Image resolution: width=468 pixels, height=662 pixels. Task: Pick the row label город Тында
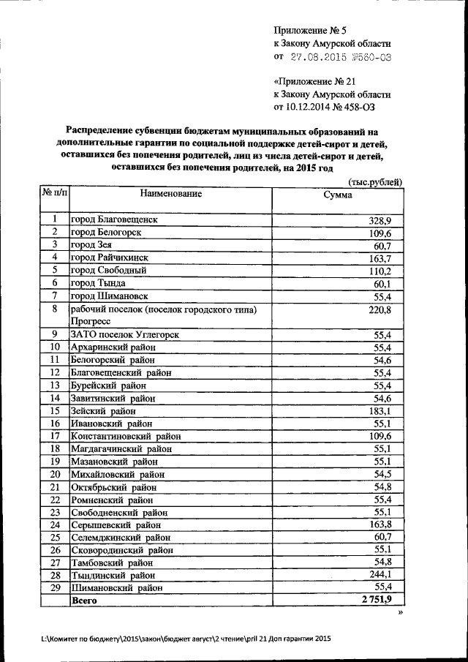[98, 283]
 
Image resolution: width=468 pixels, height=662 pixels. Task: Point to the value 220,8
[380, 309]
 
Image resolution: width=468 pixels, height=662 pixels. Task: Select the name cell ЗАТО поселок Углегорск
[124, 334]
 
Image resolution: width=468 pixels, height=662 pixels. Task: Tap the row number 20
[54, 474]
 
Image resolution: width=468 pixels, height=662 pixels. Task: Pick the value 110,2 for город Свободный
[380, 270]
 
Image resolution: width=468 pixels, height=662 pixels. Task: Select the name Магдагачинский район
[121, 448]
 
